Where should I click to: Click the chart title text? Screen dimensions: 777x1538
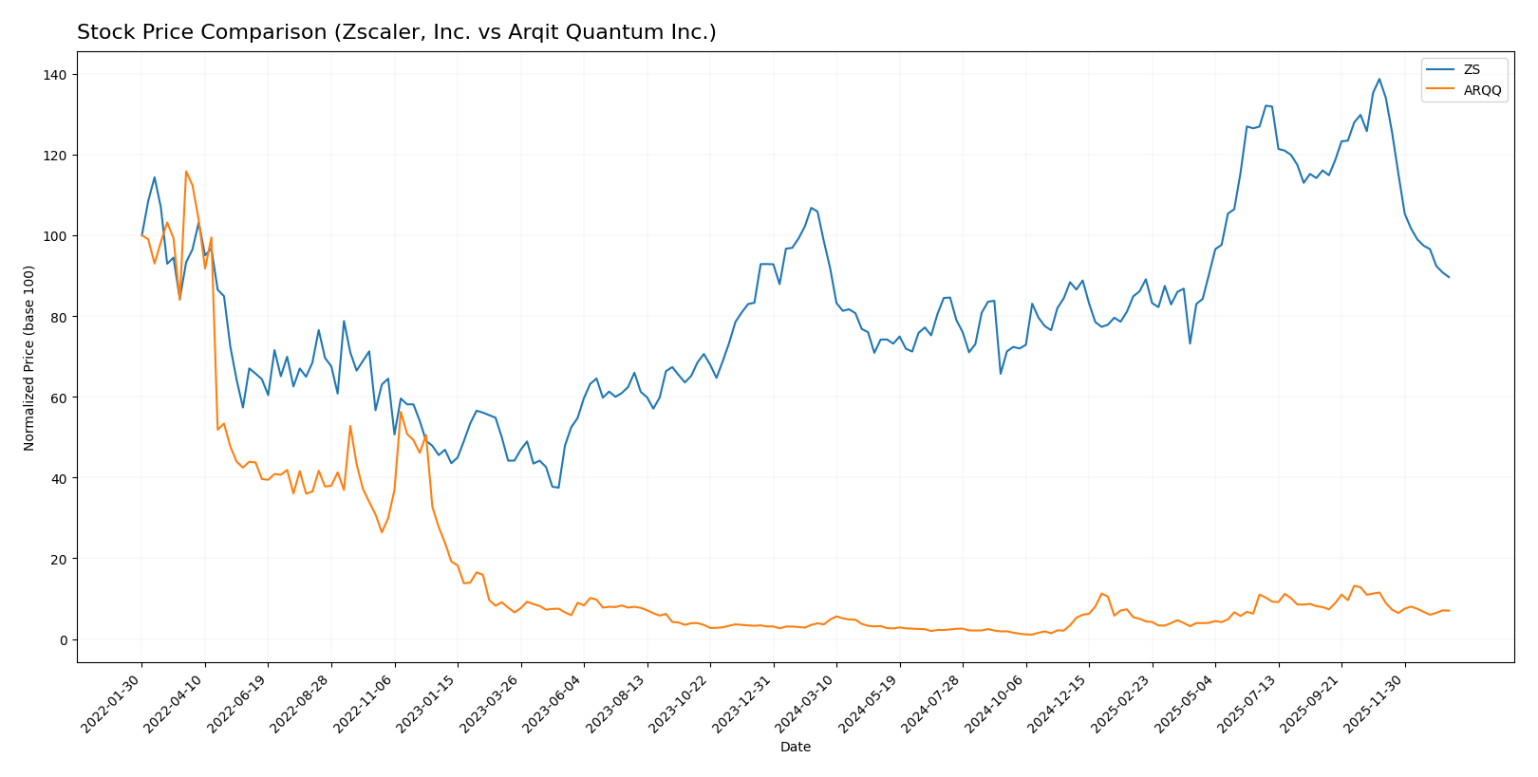tap(396, 32)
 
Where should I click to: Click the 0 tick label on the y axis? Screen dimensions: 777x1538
tap(64, 639)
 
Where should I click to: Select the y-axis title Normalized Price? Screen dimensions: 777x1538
tap(29, 358)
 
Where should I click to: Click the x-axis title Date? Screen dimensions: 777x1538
tap(795, 747)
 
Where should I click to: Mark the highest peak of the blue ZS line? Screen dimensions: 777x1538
tap(1379, 79)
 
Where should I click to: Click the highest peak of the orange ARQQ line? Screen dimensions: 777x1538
tap(186, 172)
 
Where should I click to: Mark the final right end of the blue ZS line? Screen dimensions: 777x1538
tap(1449, 277)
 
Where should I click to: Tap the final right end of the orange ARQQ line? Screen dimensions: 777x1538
tap(1449, 611)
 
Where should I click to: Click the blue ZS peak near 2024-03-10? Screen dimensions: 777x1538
tap(811, 208)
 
